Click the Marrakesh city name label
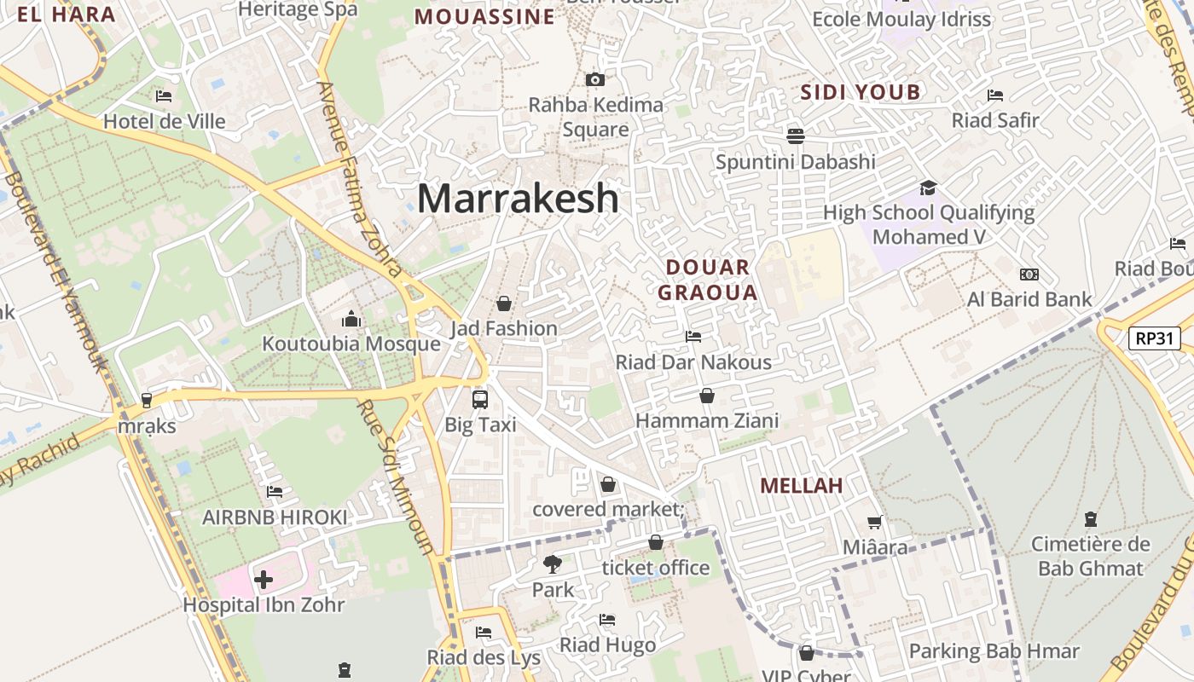[518, 199]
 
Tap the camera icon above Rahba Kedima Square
[595, 79]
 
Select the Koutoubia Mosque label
[351, 344]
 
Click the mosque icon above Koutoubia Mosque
[351, 320]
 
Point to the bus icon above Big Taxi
[480, 399]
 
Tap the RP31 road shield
[1155, 338]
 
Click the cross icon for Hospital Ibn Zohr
[264, 581]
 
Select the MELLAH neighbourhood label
[801, 486]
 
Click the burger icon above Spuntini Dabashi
[796, 136]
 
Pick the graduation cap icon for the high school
[928, 188]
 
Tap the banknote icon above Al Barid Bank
[1029, 275]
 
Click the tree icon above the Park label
[553, 564]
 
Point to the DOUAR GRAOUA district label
[708, 280]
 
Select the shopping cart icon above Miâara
[875, 522]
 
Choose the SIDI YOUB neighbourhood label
[861, 92]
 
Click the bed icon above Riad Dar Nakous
[693, 337]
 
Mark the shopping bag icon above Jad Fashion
[504, 303]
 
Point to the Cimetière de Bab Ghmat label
[1090, 556]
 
